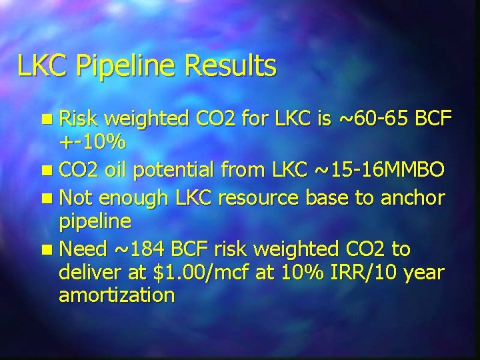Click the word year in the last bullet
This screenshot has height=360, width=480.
pos(422,272)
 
